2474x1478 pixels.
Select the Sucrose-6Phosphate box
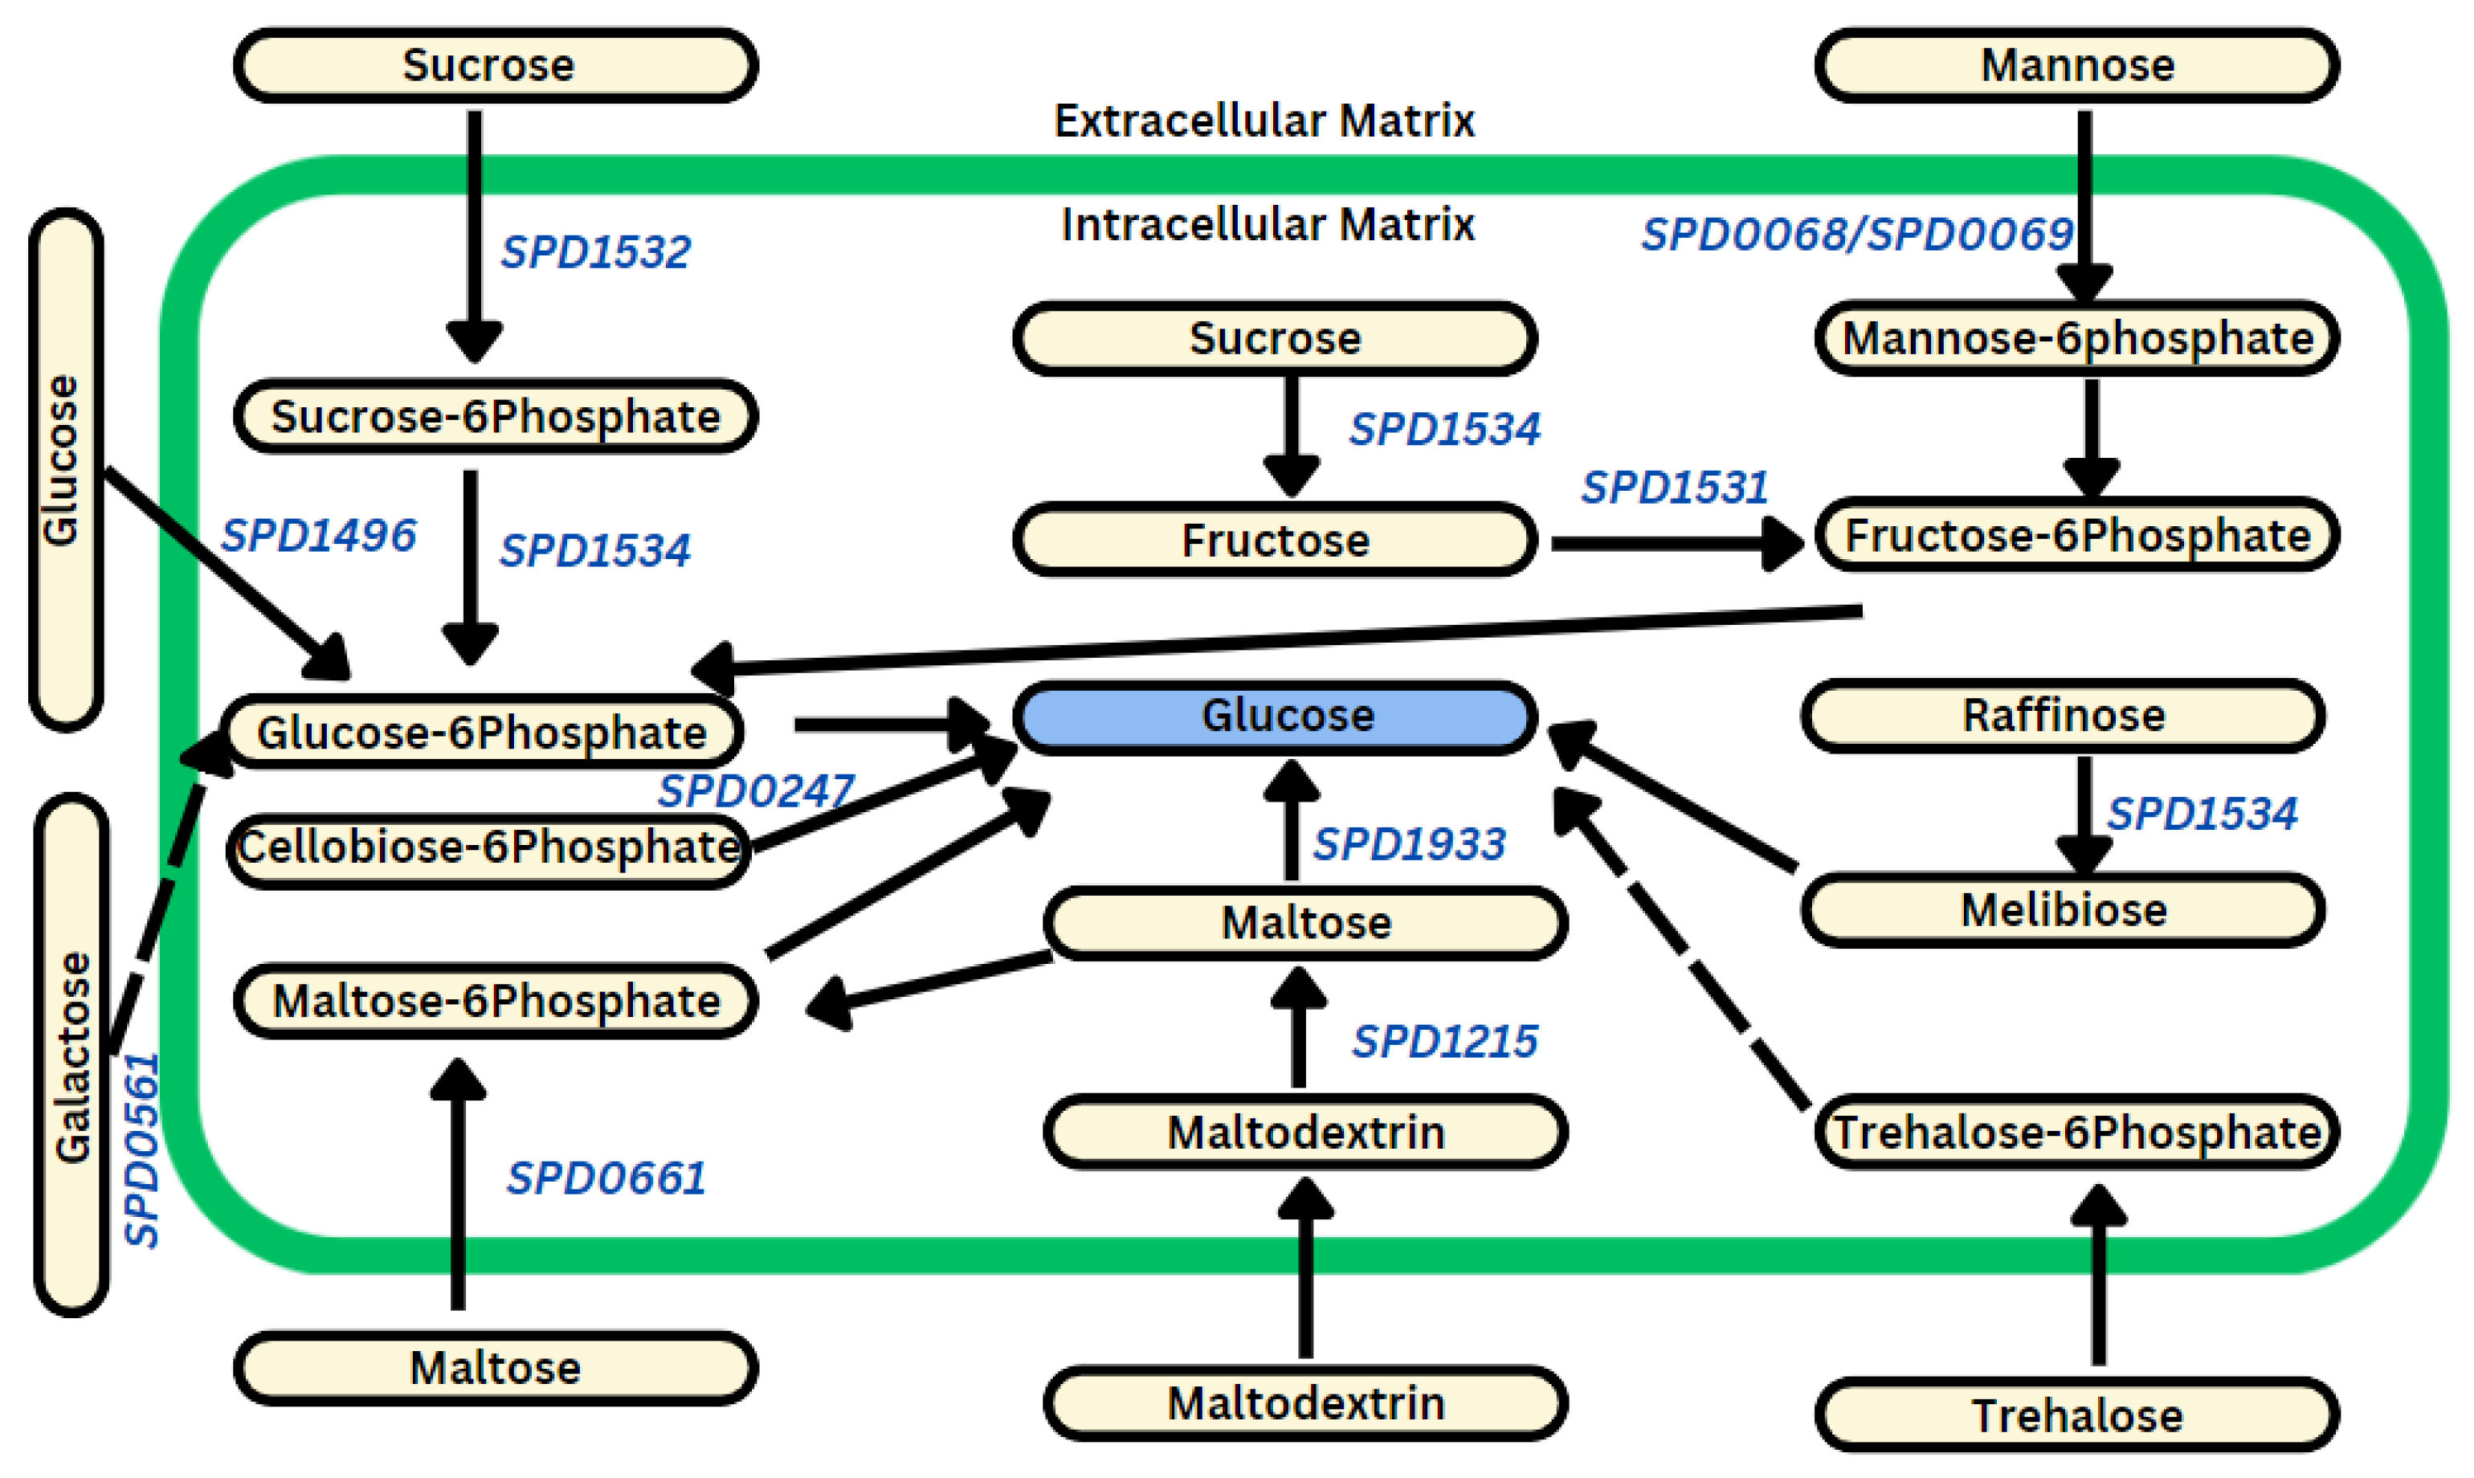[495, 416]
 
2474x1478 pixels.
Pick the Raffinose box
[2063, 716]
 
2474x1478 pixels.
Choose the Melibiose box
[2063, 910]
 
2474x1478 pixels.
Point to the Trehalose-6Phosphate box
[2076, 1133]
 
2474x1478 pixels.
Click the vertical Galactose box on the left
[71, 1055]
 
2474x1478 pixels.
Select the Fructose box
[1275, 541]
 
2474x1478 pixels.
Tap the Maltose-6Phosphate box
[495, 1001]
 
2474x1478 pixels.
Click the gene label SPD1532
[594, 252]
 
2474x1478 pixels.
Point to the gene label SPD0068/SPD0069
[1855, 235]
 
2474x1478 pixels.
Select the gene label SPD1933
[1408, 844]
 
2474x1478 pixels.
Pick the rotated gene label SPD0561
[142, 1150]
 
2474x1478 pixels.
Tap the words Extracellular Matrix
[1263, 121]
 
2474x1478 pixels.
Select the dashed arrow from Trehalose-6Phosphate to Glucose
[1683, 956]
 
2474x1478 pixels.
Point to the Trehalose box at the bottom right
[2076, 1415]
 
